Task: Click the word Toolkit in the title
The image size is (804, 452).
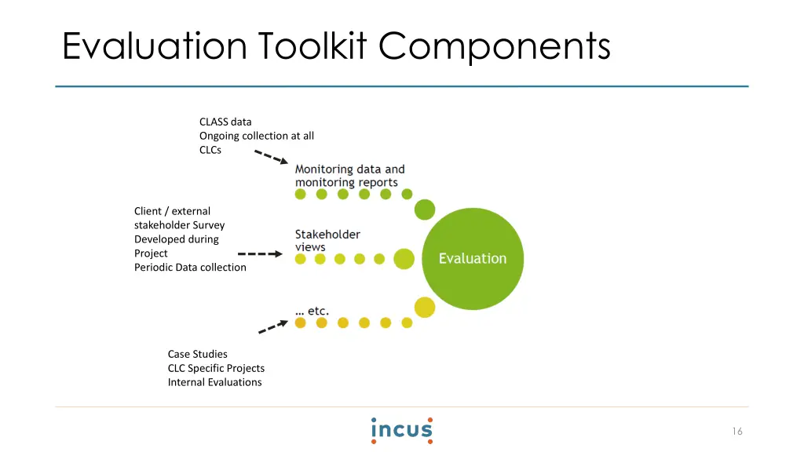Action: click(x=312, y=46)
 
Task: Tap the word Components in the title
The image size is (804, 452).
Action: click(x=495, y=47)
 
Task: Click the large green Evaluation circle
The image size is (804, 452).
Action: click(x=473, y=259)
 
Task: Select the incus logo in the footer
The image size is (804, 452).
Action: click(x=402, y=431)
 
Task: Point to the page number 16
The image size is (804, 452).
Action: click(x=737, y=432)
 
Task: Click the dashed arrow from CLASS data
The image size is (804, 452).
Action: click(x=271, y=157)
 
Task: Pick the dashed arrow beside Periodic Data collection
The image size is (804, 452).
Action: click(x=260, y=253)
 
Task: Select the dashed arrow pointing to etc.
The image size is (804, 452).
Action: click(x=273, y=326)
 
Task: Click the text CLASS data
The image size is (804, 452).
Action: click(x=225, y=122)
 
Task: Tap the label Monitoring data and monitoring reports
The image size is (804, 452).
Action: click(x=349, y=176)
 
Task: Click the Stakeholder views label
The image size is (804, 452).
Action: click(x=327, y=240)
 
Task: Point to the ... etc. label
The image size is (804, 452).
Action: click(x=312, y=311)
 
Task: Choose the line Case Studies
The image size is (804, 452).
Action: click(x=197, y=354)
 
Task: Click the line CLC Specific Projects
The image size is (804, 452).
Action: click(x=217, y=369)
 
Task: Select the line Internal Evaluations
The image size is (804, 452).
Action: click(x=215, y=382)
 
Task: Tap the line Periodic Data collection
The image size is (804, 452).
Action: click(x=190, y=268)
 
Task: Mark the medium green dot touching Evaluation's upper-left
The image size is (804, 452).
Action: click(x=425, y=210)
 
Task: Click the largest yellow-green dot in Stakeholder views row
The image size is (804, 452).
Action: click(x=404, y=259)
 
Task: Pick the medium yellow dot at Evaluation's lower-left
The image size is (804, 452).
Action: click(x=425, y=308)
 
